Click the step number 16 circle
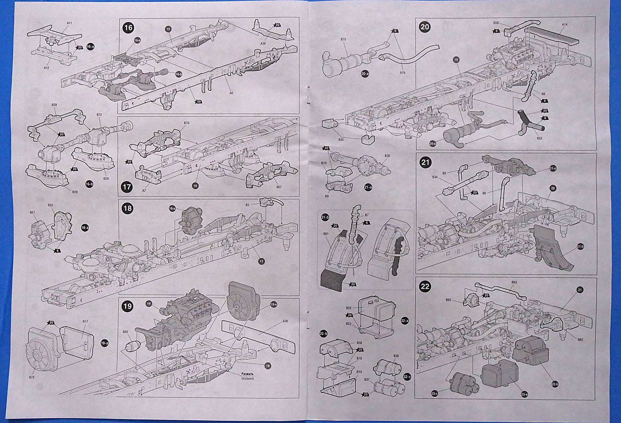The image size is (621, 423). point(128,28)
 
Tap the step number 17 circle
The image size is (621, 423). point(127,187)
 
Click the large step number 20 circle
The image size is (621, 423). point(425,27)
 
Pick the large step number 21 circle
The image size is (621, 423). point(425,163)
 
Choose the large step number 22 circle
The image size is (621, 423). point(425,287)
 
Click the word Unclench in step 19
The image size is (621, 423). point(248,379)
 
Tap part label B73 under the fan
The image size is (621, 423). point(31,377)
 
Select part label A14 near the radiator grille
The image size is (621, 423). point(565,24)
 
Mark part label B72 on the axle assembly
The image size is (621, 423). point(99,115)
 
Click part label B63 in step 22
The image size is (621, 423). point(514,282)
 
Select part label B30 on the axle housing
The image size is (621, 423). point(387,156)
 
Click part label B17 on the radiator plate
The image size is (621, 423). point(86,321)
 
